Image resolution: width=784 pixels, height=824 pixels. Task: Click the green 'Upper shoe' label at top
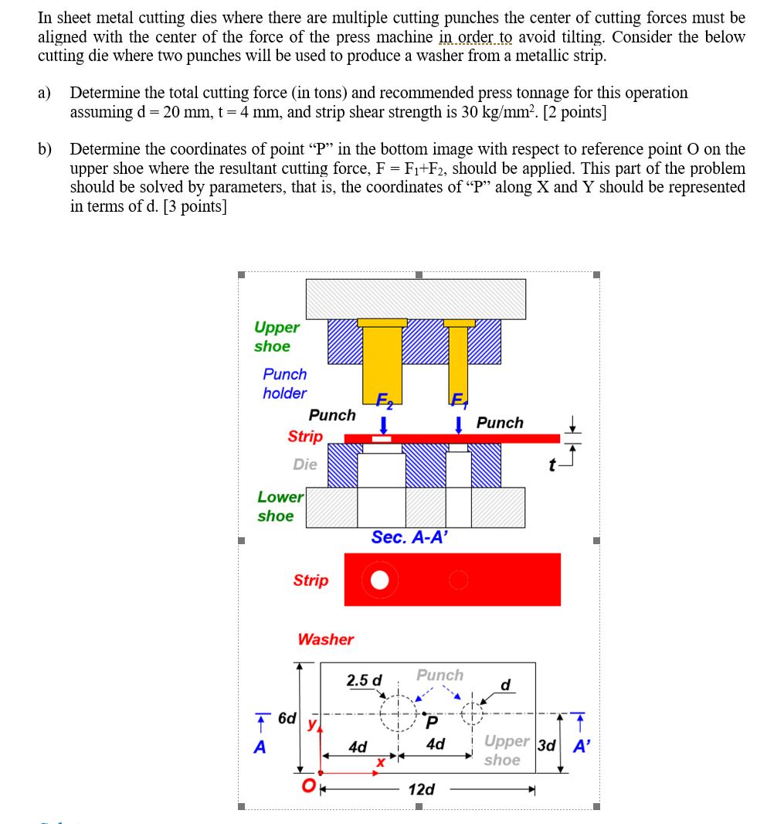tap(277, 337)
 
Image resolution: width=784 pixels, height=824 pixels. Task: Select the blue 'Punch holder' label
tap(284, 383)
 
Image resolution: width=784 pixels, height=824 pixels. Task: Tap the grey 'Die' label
tap(305, 465)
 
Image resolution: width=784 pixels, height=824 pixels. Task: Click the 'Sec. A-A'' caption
tap(409, 537)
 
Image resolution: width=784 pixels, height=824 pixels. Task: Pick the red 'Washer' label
tap(325, 639)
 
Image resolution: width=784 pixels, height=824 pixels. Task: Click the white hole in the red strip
tap(379, 580)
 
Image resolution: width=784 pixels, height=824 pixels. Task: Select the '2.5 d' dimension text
tap(364, 680)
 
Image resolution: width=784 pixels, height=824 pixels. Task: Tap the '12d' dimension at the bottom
tap(421, 789)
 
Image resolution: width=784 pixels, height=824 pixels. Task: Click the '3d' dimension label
tap(547, 746)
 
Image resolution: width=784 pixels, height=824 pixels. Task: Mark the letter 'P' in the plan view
tap(432, 723)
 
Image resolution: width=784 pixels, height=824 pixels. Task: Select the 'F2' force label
tap(383, 400)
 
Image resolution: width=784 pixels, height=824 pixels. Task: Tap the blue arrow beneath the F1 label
tap(459, 424)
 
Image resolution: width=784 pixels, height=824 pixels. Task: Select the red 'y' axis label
tap(312, 724)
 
